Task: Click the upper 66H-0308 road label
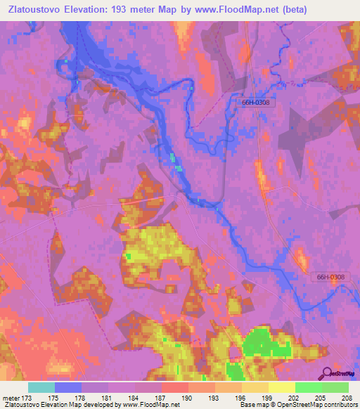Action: click(x=252, y=103)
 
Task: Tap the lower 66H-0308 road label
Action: click(x=329, y=277)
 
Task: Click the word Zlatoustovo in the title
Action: click(x=35, y=11)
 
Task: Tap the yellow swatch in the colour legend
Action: click(x=281, y=387)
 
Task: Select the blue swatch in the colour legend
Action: click(x=68, y=387)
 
